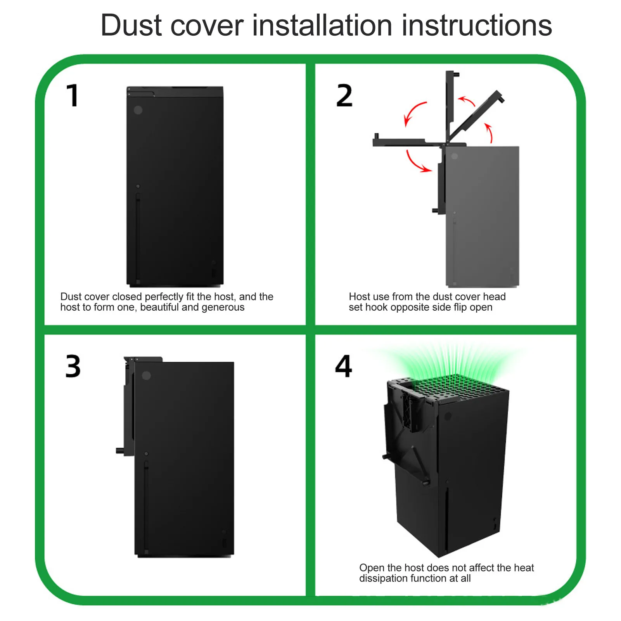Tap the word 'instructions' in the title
(x=477, y=26)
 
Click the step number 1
(x=73, y=95)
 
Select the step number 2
(x=344, y=95)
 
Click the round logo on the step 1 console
(x=138, y=110)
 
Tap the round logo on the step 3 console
(x=146, y=375)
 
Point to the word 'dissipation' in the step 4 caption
(x=383, y=578)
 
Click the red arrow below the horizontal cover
(x=415, y=163)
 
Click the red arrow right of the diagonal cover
(x=490, y=133)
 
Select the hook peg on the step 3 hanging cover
(x=120, y=451)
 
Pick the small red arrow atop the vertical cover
(x=467, y=101)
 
